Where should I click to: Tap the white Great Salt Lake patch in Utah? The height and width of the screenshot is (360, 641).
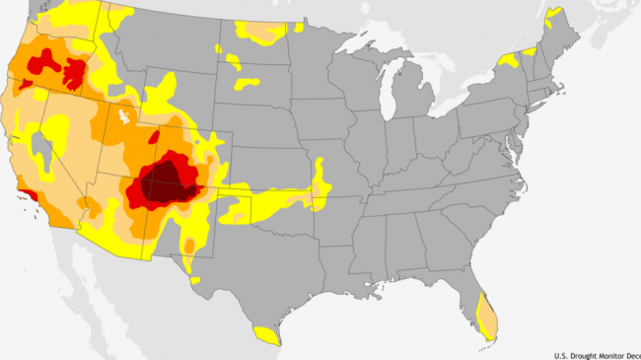tap(123, 117)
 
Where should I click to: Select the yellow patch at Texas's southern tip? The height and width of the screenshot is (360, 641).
tap(264, 334)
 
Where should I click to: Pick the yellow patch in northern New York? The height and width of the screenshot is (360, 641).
tap(509, 60)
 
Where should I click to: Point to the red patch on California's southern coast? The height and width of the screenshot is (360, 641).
tap(33, 195)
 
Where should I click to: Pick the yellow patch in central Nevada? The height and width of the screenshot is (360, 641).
tap(54, 128)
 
